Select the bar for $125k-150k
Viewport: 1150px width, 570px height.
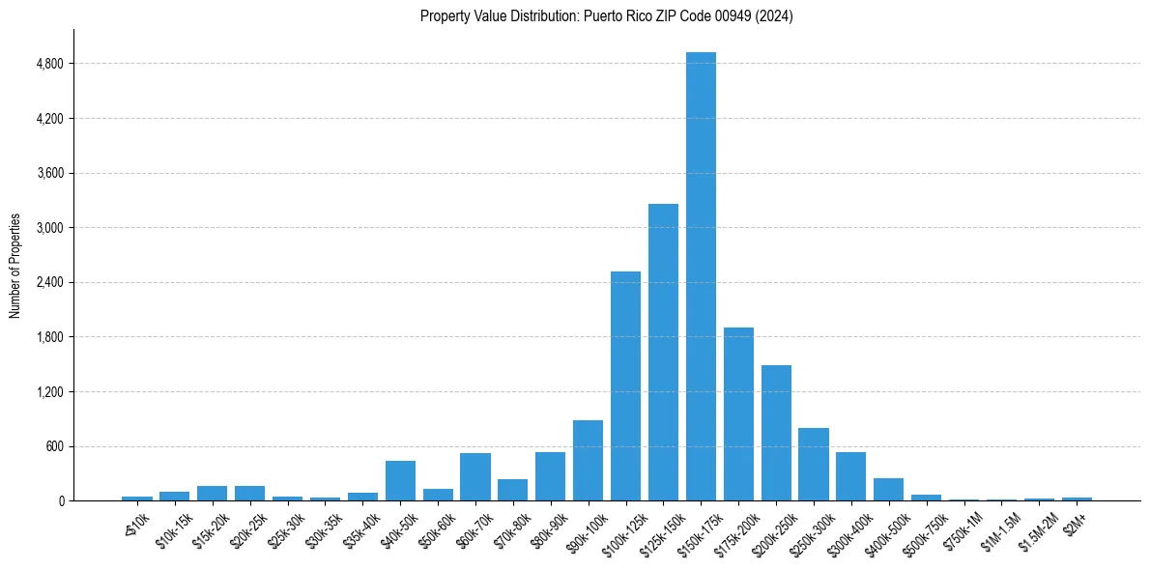pos(663,353)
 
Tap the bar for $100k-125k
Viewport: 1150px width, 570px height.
pos(625,386)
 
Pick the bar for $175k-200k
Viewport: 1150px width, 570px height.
pos(738,414)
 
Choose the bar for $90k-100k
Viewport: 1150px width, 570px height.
pos(588,461)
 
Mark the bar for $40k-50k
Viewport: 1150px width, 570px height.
pos(400,481)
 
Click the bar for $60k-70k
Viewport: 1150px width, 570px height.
pos(475,477)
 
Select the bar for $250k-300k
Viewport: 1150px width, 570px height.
pos(814,465)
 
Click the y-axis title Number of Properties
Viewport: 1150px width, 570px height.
pos(14,265)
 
